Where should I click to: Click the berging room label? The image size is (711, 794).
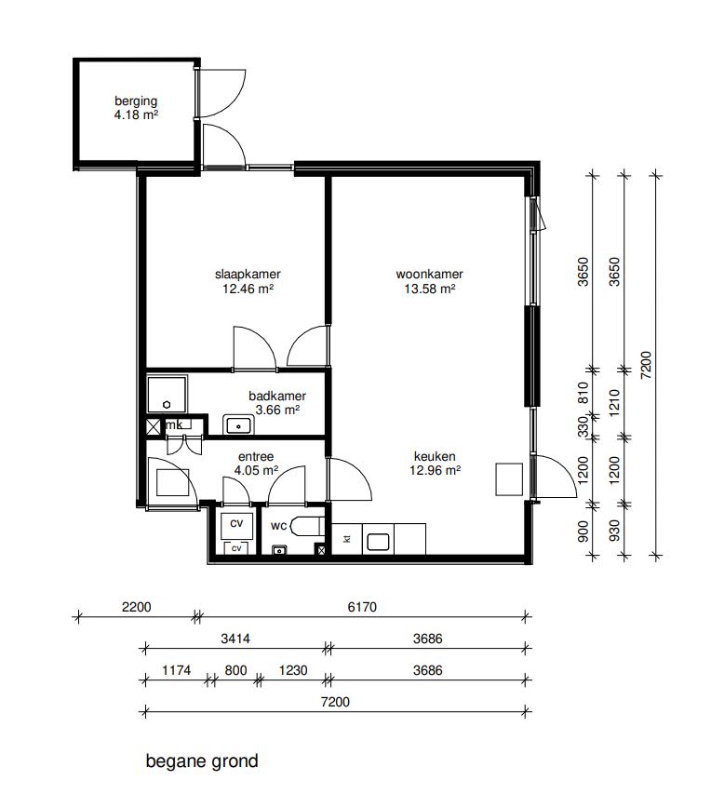(136, 101)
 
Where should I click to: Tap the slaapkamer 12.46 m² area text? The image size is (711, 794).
(248, 289)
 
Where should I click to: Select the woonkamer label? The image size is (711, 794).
(429, 274)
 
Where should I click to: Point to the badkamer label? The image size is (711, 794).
(277, 396)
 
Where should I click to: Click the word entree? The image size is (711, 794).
(256, 456)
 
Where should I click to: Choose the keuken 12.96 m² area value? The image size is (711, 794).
(435, 470)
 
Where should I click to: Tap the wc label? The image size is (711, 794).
(278, 526)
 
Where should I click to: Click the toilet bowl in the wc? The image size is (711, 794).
(307, 526)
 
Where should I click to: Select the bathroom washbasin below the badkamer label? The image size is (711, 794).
(238, 425)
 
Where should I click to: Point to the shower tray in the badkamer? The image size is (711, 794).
(167, 395)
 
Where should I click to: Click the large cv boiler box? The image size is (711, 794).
(236, 525)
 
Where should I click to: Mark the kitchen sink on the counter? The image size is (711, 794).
(378, 543)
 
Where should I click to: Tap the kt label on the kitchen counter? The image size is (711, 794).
(347, 539)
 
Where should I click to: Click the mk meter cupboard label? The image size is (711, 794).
(174, 424)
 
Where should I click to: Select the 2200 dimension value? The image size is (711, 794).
(136, 607)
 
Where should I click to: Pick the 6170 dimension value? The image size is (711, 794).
(362, 607)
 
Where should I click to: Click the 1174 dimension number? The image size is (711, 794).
(176, 670)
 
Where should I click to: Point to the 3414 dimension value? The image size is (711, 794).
(235, 639)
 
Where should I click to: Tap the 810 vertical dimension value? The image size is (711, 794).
(584, 393)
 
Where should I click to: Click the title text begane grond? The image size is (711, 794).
(202, 761)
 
